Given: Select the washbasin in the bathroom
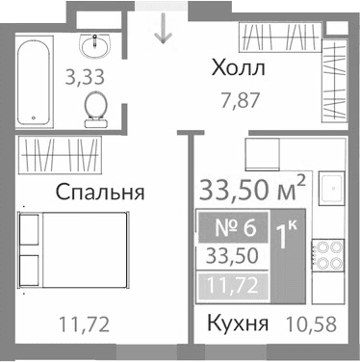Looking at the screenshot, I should (95, 46).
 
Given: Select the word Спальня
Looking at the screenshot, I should (99, 192).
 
